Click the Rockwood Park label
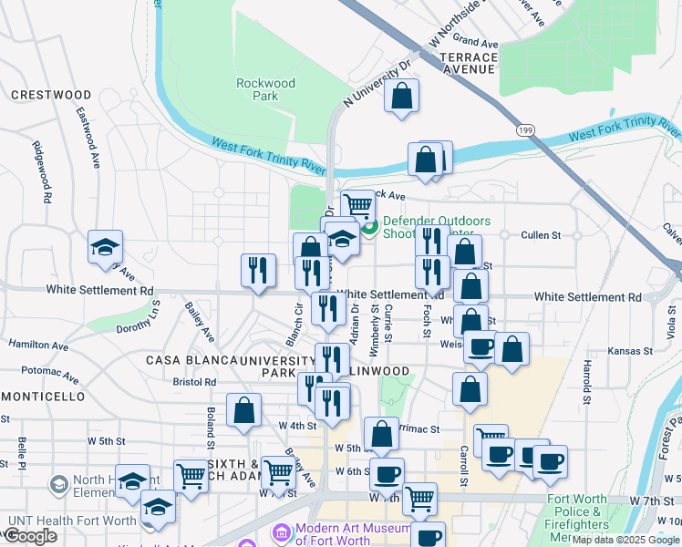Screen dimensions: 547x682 265,88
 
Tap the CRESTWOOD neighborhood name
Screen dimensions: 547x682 51,95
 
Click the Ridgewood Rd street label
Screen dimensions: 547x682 42,170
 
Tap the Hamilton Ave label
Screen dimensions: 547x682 38,346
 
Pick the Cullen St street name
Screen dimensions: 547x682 541,235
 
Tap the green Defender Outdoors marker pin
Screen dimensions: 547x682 369,227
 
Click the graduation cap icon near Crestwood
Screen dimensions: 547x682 105,247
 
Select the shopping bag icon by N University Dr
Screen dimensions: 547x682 401,96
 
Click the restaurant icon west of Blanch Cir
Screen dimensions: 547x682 258,270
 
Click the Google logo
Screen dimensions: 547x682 29,537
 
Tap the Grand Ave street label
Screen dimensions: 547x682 476,42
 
